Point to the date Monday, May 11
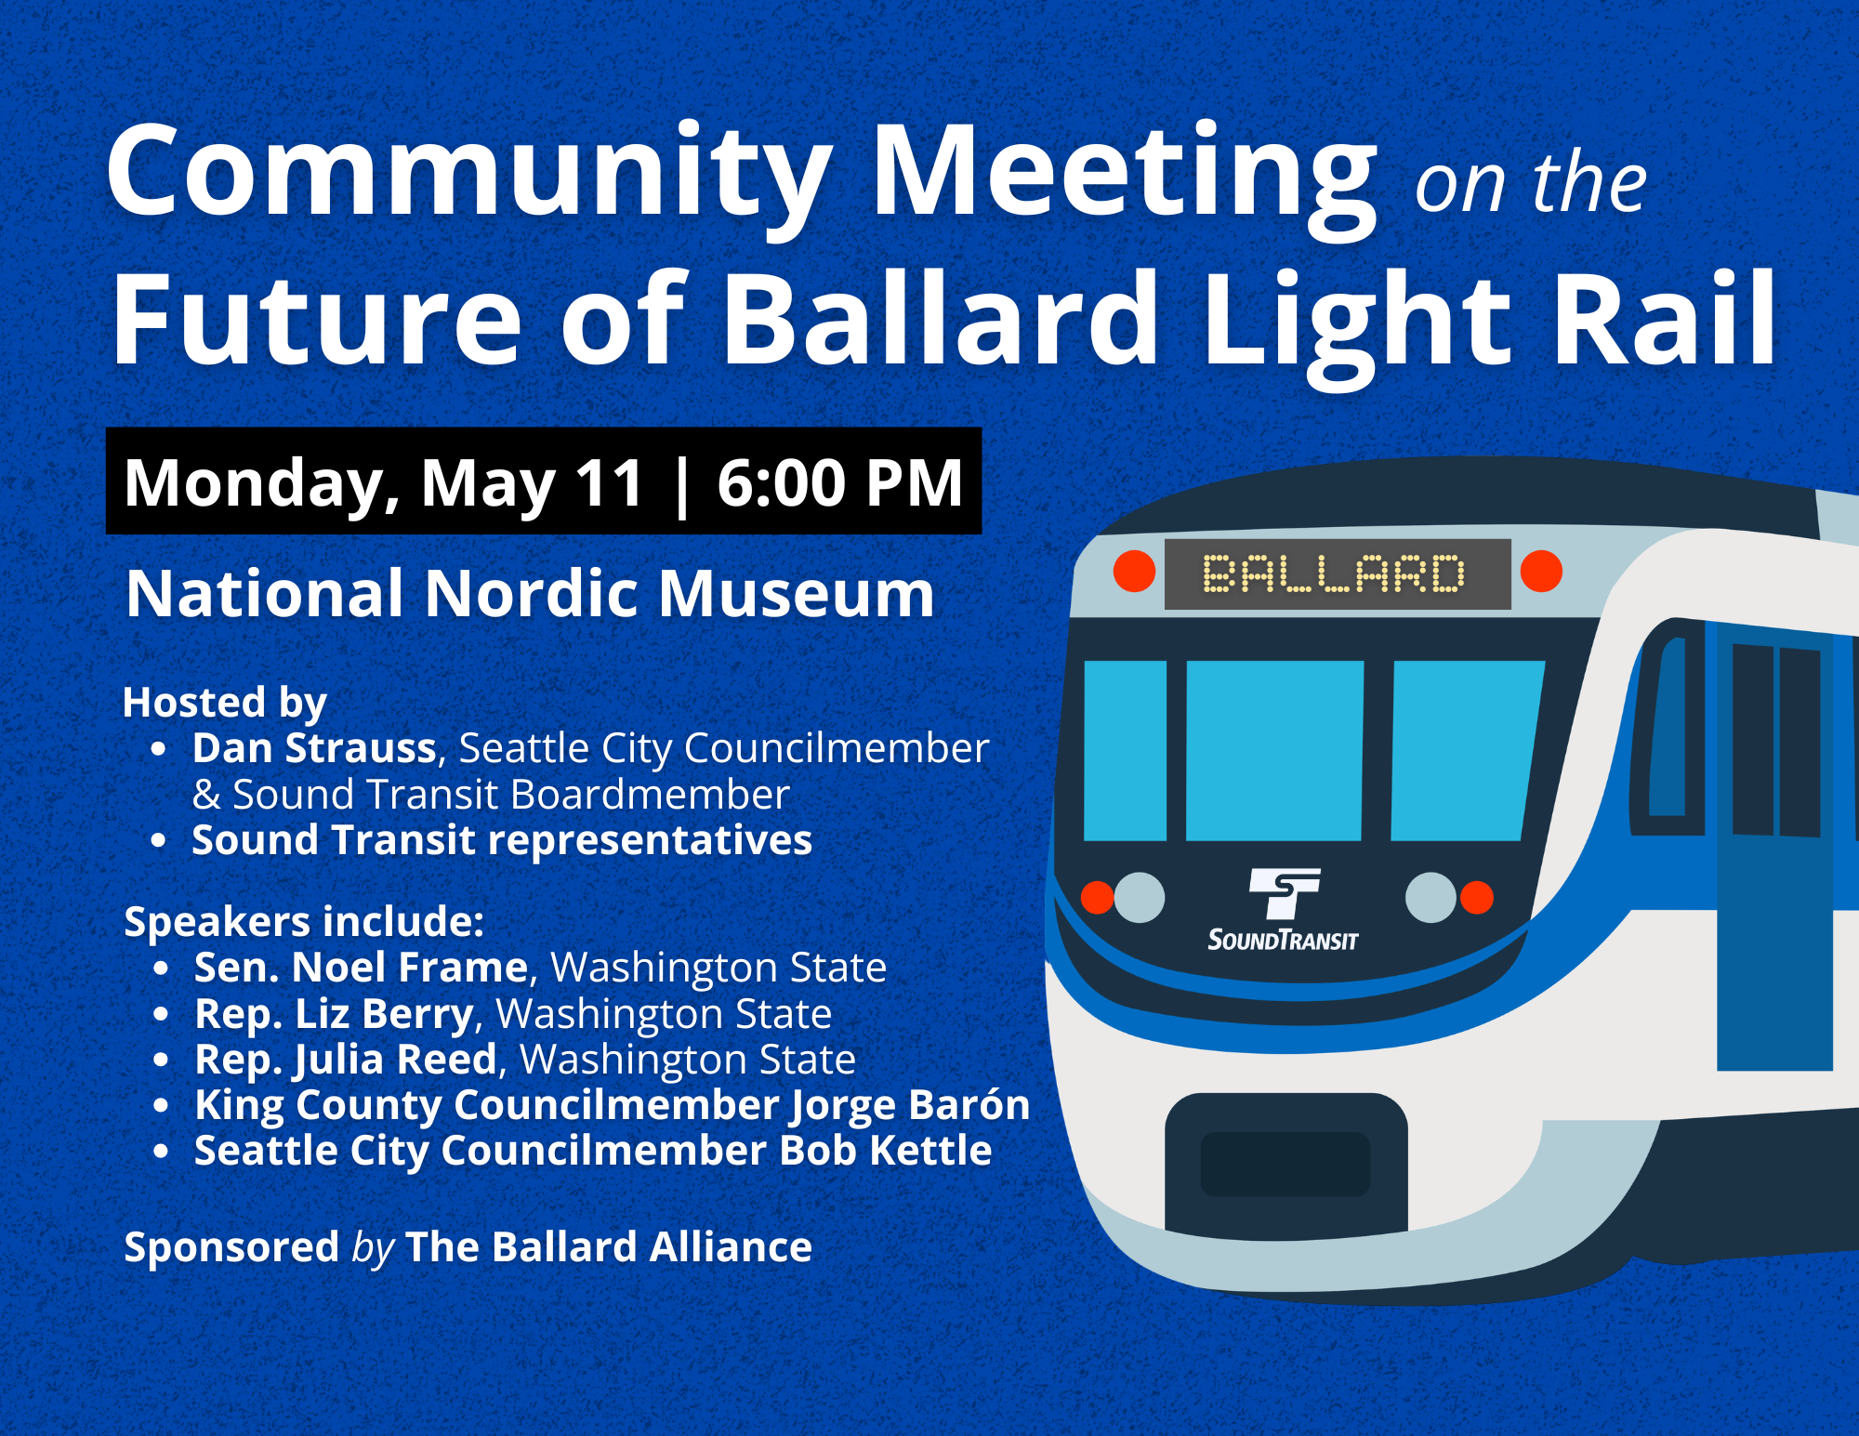(x=384, y=484)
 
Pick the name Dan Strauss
(x=314, y=747)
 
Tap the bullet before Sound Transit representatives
(x=159, y=840)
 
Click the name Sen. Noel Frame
(x=362, y=967)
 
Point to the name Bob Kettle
(x=886, y=1150)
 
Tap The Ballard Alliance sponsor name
(x=609, y=1246)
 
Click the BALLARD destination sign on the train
(x=1338, y=573)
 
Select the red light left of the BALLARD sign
(x=1134, y=570)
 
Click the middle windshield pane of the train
(x=1274, y=750)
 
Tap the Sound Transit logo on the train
(x=1284, y=910)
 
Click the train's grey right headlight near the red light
(x=1431, y=897)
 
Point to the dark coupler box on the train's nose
(x=1286, y=1164)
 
